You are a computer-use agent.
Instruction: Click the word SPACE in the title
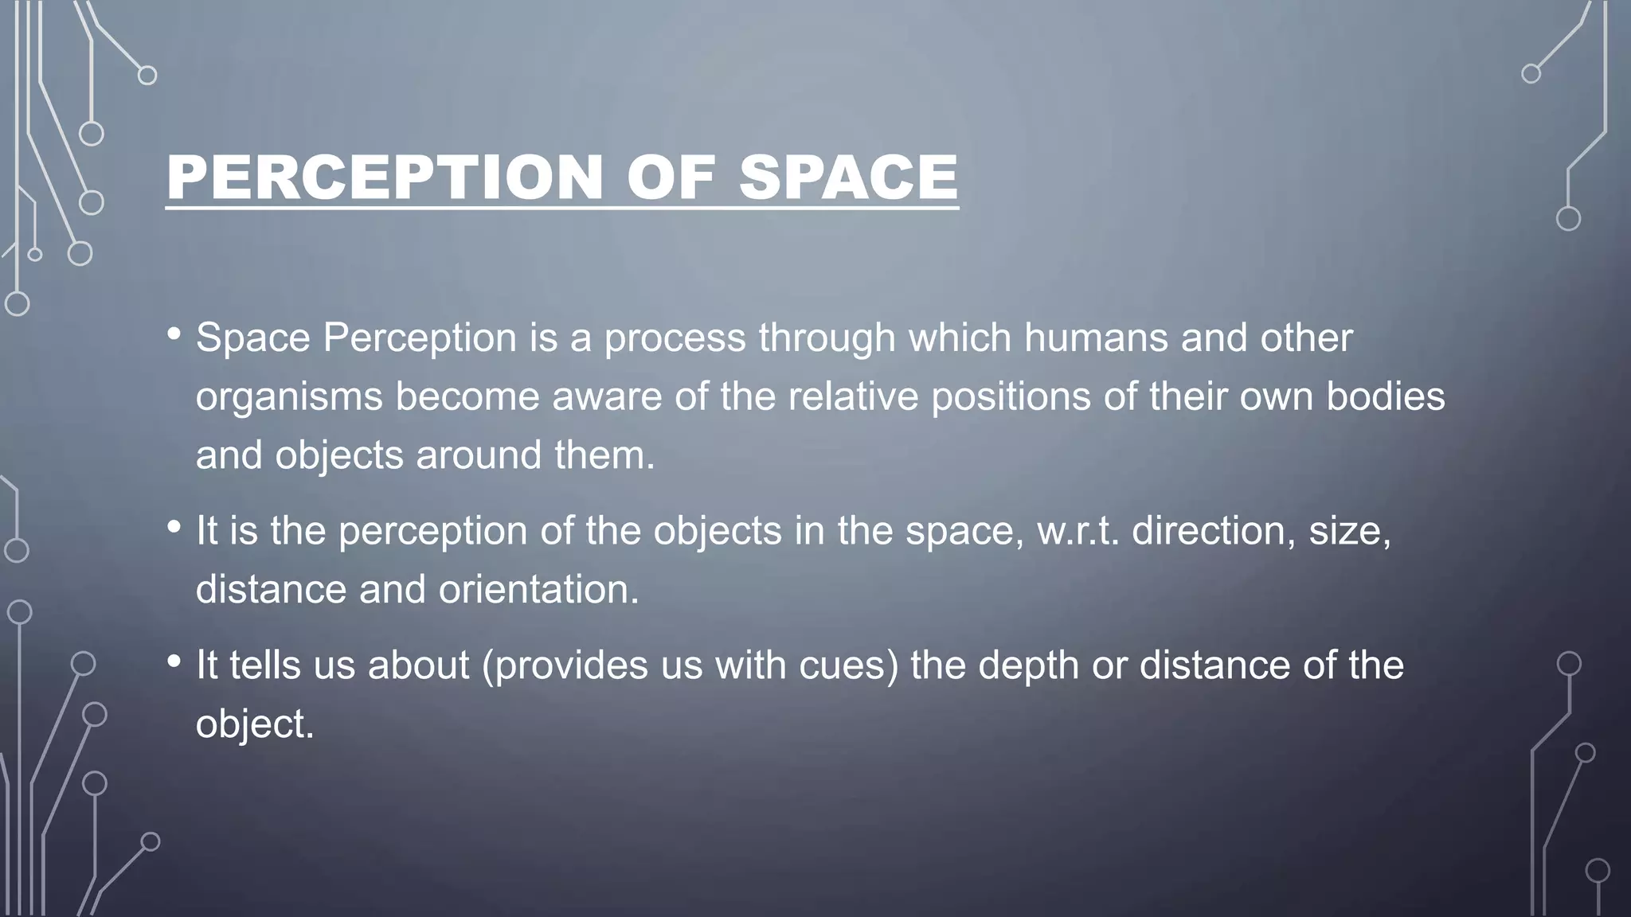point(848,177)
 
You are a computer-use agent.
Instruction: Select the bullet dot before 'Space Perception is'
point(174,334)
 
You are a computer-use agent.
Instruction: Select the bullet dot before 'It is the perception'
point(174,527)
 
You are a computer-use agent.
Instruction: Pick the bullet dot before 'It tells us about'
point(174,661)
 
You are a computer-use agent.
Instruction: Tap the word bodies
point(1385,396)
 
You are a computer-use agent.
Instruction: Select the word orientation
point(538,590)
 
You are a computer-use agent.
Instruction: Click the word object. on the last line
point(255,725)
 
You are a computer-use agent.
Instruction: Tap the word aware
point(607,396)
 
